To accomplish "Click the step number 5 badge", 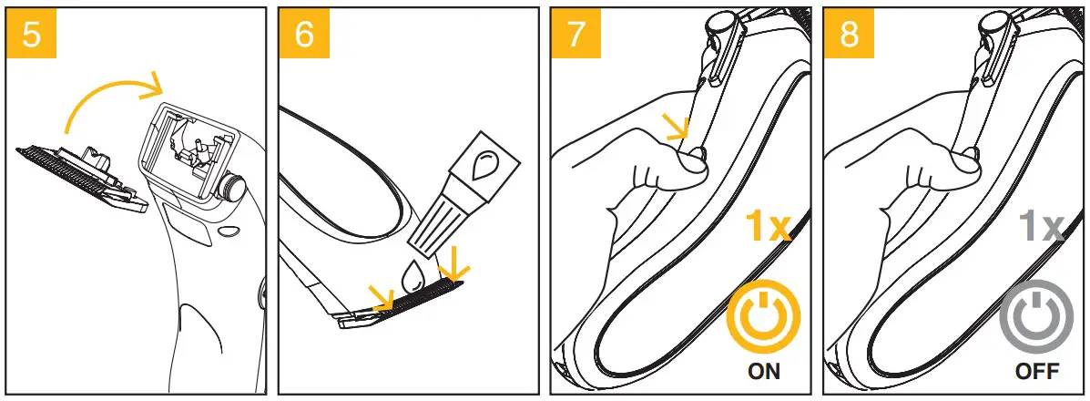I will (31, 33).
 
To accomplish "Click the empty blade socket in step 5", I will (186, 150).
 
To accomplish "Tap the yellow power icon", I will (762, 319).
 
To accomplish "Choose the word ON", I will (762, 372).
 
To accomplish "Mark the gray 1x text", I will (1041, 225).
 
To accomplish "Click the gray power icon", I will (1035, 319).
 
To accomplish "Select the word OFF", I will (1036, 372).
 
